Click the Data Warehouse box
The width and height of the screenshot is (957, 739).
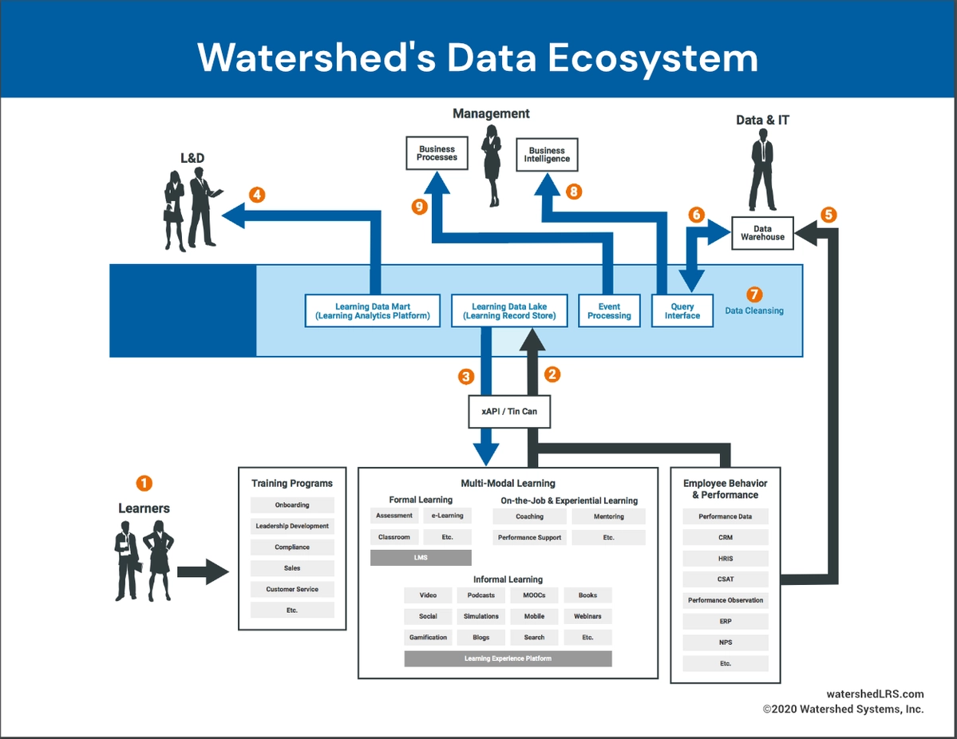click(x=762, y=233)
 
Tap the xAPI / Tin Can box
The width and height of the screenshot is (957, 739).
click(x=509, y=412)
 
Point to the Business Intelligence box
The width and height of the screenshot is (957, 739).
click(x=547, y=155)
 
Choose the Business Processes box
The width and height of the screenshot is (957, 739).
click(x=437, y=153)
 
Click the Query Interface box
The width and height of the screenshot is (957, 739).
click(x=682, y=310)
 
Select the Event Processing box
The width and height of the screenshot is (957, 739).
click(x=609, y=310)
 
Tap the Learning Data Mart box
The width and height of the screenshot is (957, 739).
click(x=373, y=310)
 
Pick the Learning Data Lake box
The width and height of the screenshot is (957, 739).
click(x=509, y=310)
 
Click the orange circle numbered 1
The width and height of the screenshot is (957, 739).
click(x=144, y=483)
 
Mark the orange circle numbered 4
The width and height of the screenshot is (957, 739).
click(x=256, y=195)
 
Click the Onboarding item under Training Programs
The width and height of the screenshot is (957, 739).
click(x=292, y=505)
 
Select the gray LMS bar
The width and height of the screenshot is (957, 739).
click(x=421, y=558)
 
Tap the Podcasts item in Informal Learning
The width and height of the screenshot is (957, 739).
click(x=480, y=595)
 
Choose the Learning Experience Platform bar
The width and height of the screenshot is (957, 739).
click(x=508, y=658)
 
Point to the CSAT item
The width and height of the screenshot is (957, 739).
click(x=725, y=579)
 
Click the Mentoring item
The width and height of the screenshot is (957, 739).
click(x=608, y=516)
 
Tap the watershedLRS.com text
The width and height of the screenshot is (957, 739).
click(x=875, y=694)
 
